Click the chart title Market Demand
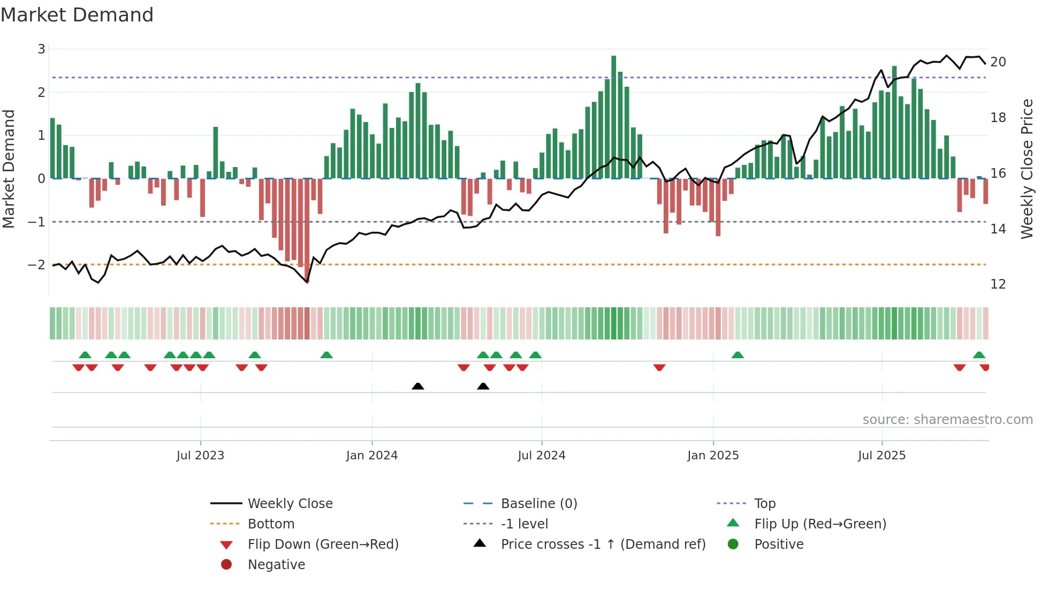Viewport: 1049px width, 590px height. click(77, 15)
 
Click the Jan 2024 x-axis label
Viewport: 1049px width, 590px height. click(371, 456)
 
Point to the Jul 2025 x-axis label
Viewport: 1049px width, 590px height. click(881, 456)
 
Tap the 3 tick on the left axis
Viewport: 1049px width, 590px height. click(41, 49)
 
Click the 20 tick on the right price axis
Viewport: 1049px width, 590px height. click(998, 62)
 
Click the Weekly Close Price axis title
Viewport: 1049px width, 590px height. click(1027, 169)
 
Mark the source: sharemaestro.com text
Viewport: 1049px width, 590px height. click(947, 419)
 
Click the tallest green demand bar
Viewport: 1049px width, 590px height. click(613, 118)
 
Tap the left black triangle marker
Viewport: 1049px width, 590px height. click(418, 386)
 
